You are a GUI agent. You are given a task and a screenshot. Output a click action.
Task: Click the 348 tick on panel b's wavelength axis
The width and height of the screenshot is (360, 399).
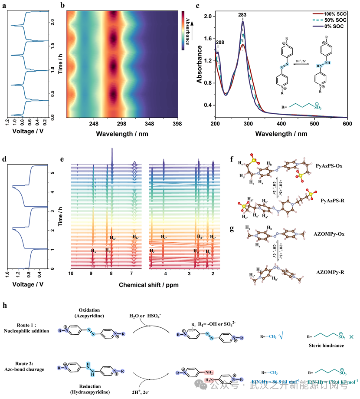tap(149, 123)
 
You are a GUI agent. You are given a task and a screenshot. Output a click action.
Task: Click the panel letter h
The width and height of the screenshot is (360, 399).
tap(5, 305)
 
